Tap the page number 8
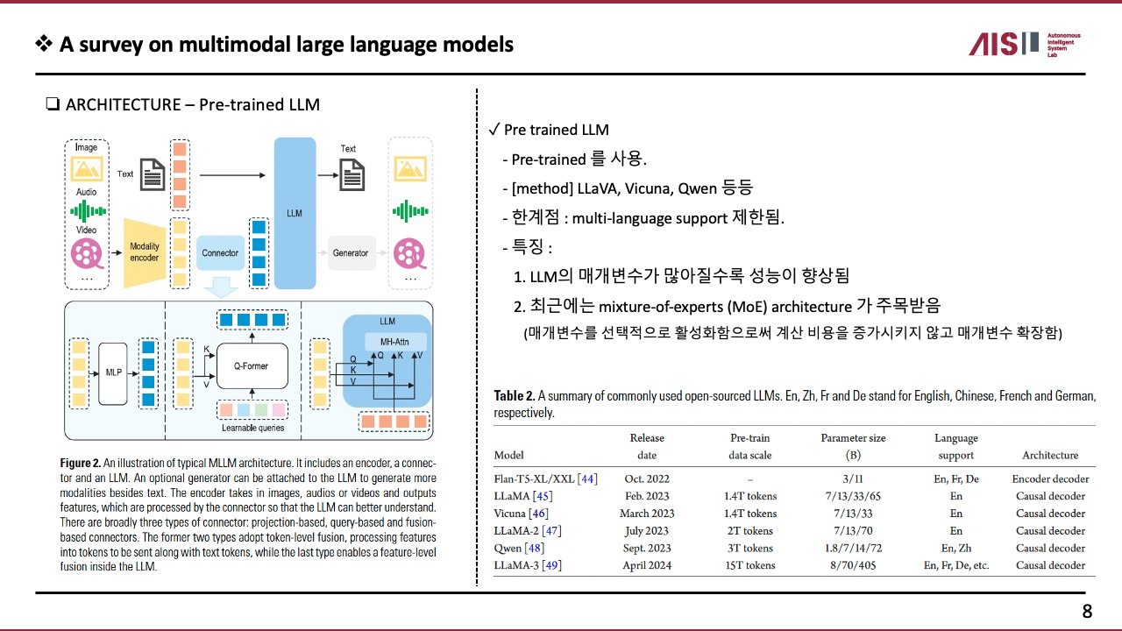1087,612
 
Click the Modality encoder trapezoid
145,252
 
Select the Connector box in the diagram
220,253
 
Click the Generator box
351,253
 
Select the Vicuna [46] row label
522,514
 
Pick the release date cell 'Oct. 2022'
647,479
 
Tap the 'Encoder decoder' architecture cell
1050,479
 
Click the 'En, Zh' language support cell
955,549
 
